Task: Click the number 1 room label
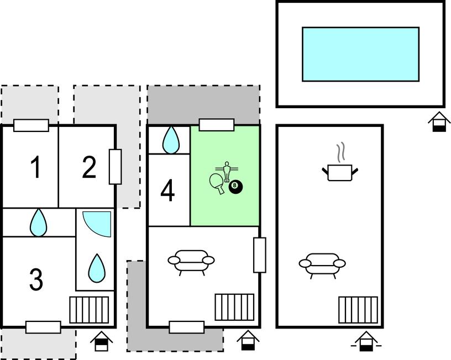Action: pyautogui.click(x=36, y=167)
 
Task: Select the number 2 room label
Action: pyautogui.click(x=89, y=167)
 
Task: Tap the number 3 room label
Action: pyautogui.click(x=36, y=279)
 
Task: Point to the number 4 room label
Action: pyautogui.click(x=167, y=190)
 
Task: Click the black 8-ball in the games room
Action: pyautogui.click(x=235, y=187)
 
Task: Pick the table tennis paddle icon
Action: pyautogui.click(x=217, y=183)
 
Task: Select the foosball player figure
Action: pyautogui.click(x=227, y=172)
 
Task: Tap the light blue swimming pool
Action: pyautogui.click(x=360, y=54)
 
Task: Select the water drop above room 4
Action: pyautogui.click(x=171, y=140)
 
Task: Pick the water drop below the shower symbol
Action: pyautogui.click(x=97, y=268)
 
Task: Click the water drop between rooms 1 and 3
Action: pyautogui.click(x=38, y=223)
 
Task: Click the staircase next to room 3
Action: pyautogui.click(x=89, y=310)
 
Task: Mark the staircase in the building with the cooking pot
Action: pyautogui.click(x=358, y=310)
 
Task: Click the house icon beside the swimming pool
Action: pyautogui.click(x=439, y=122)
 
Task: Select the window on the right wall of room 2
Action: pyautogui.click(x=115, y=167)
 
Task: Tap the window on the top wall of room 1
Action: pyautogui.click(x=32, y=125)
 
